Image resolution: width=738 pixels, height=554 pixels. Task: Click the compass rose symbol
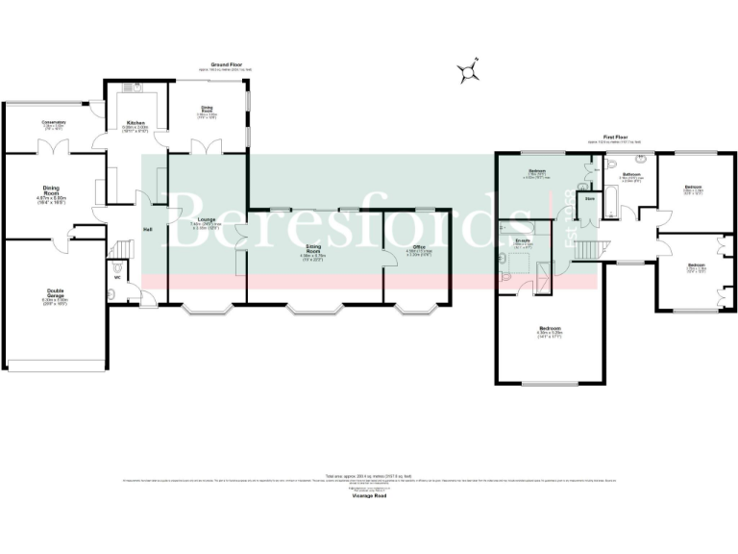[470, 72]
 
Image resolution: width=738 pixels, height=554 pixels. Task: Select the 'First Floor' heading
[615, 137]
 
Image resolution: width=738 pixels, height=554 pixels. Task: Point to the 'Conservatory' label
[53, 122]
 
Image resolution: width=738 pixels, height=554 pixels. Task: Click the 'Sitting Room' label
[314, 249]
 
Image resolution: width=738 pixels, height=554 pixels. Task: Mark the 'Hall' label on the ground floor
[148, 230]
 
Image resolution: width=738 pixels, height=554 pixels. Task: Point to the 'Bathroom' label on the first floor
[630, 174]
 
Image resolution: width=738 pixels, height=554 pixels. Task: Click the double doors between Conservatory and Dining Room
[47, 148]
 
